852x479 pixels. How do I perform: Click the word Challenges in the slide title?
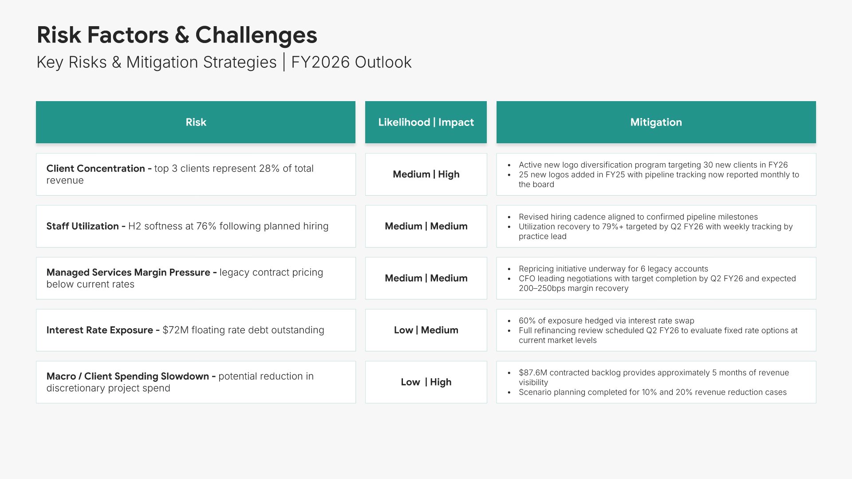[256, 35]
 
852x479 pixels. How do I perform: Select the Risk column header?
[196, 122]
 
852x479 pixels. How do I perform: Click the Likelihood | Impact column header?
[426, 122]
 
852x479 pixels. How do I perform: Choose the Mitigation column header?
[656, 122]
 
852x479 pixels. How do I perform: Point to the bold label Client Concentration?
[95, 169]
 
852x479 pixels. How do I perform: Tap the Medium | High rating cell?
[426, 174]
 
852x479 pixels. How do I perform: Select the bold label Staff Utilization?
[83, 226]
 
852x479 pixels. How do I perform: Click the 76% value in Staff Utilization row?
[206, 226]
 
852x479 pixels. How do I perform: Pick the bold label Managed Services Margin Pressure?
[128, 272]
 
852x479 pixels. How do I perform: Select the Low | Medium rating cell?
[426, 330]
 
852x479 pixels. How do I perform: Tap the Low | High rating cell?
[426, 382]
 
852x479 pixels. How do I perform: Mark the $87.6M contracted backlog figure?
[533, 373]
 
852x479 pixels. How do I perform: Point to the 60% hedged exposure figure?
[527, 321]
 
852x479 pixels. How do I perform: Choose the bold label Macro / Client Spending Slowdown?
[128, 376]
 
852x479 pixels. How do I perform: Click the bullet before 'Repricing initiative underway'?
[509, 269]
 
